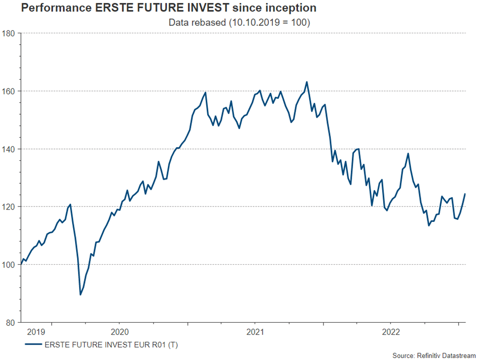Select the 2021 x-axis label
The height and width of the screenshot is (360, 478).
coord(255,332)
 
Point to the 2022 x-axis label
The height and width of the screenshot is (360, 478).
coord(391,332)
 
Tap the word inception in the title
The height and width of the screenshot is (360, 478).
coord(289,8)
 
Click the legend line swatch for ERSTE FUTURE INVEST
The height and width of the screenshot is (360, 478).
coord(32,344)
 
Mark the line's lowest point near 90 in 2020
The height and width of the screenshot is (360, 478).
coord(80,294)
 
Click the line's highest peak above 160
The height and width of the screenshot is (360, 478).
coord(307,82)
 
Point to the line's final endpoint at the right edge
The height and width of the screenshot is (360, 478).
coord(466,194)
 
